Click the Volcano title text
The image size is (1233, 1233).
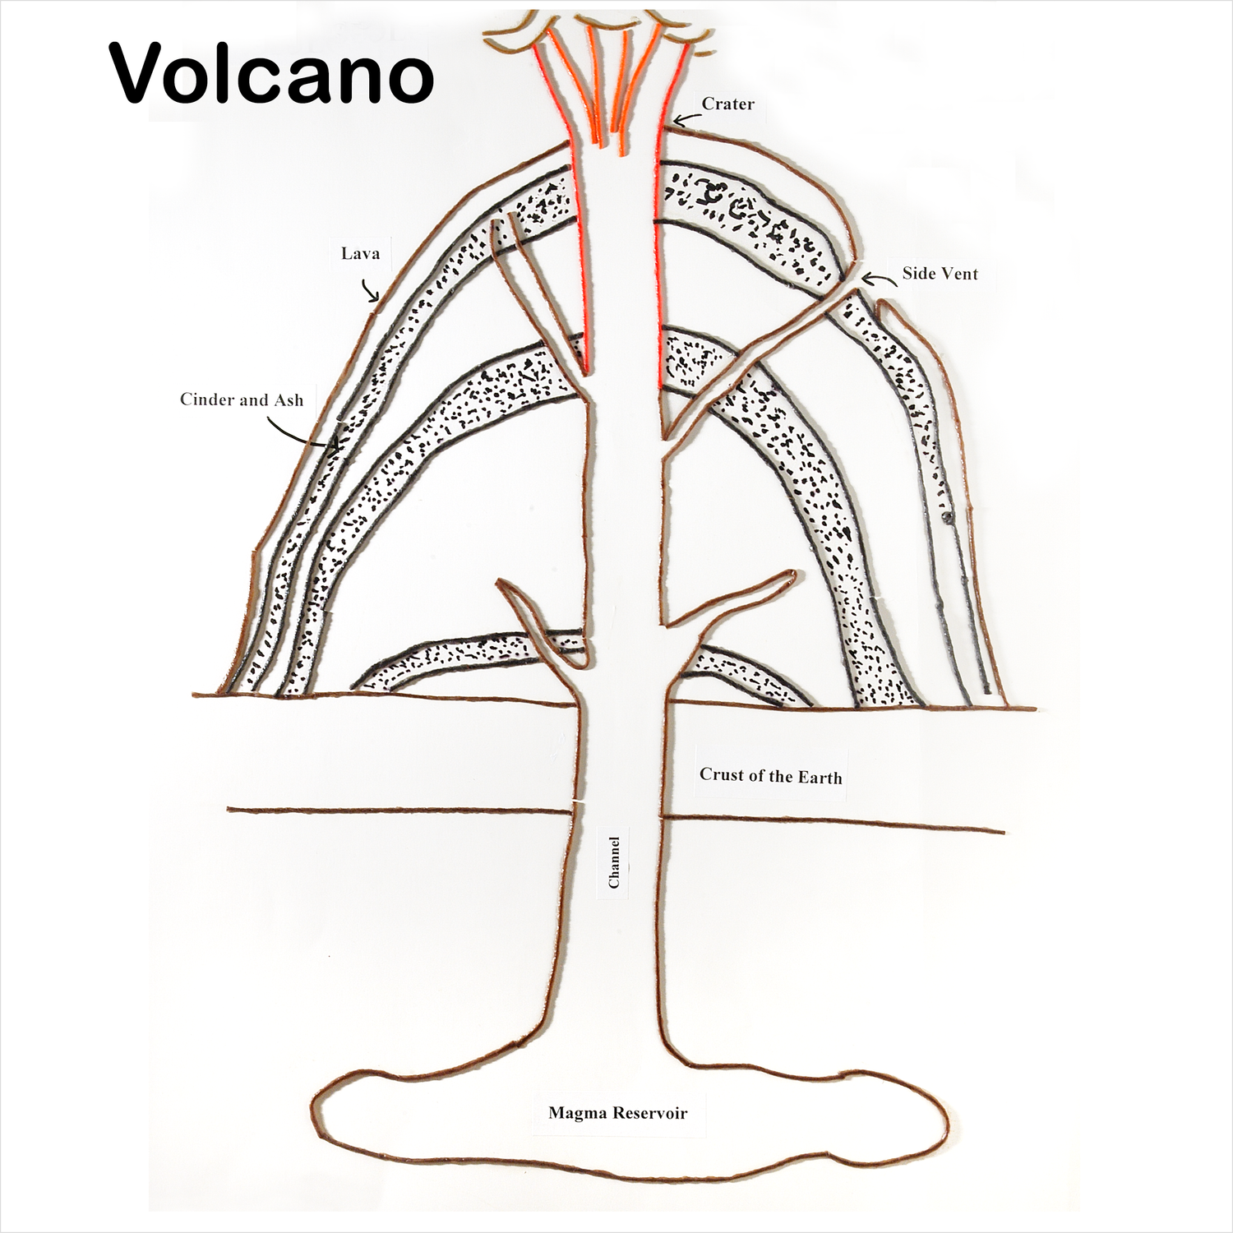[x=271, y=74]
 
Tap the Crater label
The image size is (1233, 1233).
[x=727, y=104]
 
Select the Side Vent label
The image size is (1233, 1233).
[x=940, y=274]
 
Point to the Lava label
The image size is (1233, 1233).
[x=360, y=253]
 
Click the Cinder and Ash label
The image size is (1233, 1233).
[x=242, y=400]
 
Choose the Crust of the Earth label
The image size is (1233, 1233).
[x=770, y=776]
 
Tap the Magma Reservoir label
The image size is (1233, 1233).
[x=617, y=1114]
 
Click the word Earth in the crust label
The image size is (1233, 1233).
[x=819, y=777]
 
